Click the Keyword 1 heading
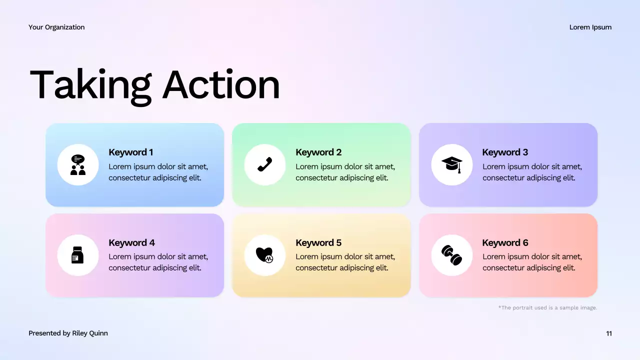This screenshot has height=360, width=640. click(x=131, y=152)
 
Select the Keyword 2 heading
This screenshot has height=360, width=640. click(x=318, y=152)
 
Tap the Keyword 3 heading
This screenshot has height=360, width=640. click(x=505, y=152)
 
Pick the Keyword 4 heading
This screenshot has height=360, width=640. click(x=131, y=243)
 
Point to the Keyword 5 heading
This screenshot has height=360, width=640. click(x=318, y=243)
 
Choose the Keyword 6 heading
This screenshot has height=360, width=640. click(x=505, y=243)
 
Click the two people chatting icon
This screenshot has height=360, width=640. click(x=78, y=165)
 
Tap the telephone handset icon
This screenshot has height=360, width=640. click(x=264, y=164)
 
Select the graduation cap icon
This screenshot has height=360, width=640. click(x=451, y=164)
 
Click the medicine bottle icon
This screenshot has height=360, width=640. click(x=77, y=255)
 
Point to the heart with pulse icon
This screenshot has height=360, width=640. click(x=264, y=255)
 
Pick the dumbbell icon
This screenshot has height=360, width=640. click(x=451, y=255)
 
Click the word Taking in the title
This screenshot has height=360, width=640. click(x=90, y=85)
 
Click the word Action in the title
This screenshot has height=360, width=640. click(x=221, y=85)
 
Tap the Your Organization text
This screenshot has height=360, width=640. click(x=56, y=27)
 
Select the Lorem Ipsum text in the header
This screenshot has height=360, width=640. click(x=590, y=27)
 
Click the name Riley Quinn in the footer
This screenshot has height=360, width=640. click(x=90, y=333)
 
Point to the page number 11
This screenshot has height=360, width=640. click(x=608, y=333)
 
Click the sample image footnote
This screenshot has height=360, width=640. click(x=547, y=308)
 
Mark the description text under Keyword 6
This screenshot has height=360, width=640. click(x=532, y=262)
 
